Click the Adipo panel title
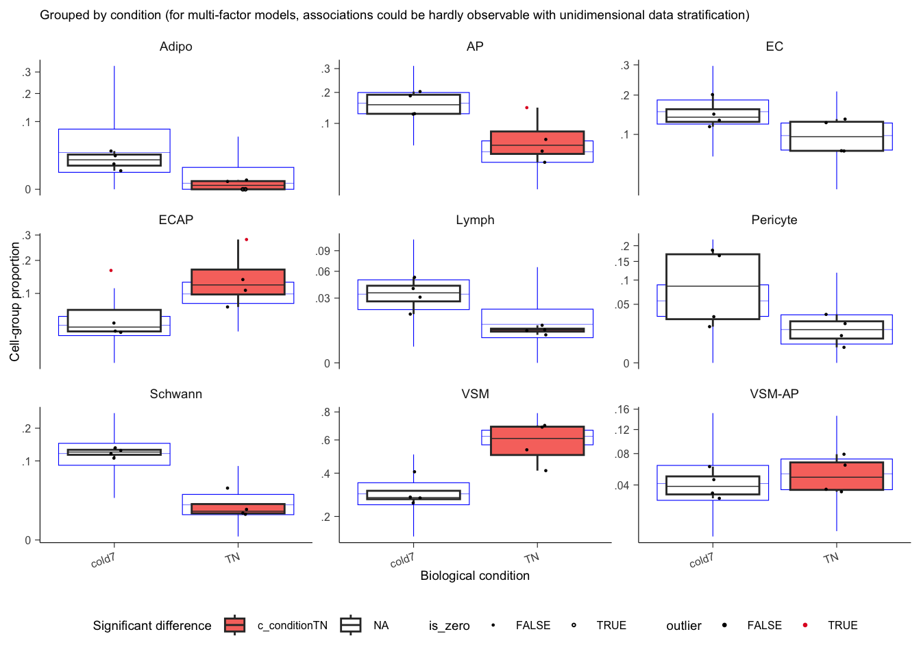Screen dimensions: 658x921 [x=175, y=47]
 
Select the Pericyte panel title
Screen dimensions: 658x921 [x=774, y=220]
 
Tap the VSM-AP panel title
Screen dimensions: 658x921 [x=774, y=394]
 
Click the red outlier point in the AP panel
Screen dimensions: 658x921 [x=526, y=108]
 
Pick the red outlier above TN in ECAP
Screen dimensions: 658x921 [x=246, y=239]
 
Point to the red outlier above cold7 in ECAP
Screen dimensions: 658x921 [x=111, y=271]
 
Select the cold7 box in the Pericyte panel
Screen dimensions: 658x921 [x=713, y=287]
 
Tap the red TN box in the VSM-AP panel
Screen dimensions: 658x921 [x=836, y=476]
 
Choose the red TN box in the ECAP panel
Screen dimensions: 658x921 [x=238, y=282]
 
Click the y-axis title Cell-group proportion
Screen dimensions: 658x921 [x=15, y=302]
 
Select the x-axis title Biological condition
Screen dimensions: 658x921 [x=475, y=576]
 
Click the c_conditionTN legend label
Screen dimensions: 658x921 [x=292, y=626]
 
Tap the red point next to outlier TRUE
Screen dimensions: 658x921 [x=805, y=625]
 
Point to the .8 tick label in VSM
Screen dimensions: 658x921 [x=326, y=412]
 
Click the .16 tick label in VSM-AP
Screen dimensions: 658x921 [x=622, y=410]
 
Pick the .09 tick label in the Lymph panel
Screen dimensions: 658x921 [x=323, y=251]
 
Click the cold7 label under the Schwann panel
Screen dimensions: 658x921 [x=103, y=560]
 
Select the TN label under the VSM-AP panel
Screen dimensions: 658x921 [x=831, y=558]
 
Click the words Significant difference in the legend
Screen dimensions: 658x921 [x=152, y=626]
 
